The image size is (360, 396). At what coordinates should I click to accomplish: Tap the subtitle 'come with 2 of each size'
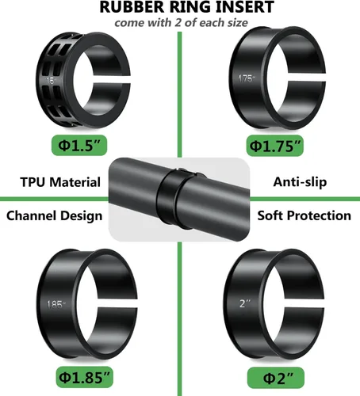pyautogui.click(x=180, y=23)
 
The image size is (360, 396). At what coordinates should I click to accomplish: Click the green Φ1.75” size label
pyautogui.click(x=275, y=147)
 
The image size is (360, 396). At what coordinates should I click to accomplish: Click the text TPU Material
pyautogui.click(x=60, y=182)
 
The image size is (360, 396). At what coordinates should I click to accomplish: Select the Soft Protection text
pyautogui.click(x=304, y=215)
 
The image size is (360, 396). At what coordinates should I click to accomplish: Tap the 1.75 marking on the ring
pyautogui.click(x=245, y=79)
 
